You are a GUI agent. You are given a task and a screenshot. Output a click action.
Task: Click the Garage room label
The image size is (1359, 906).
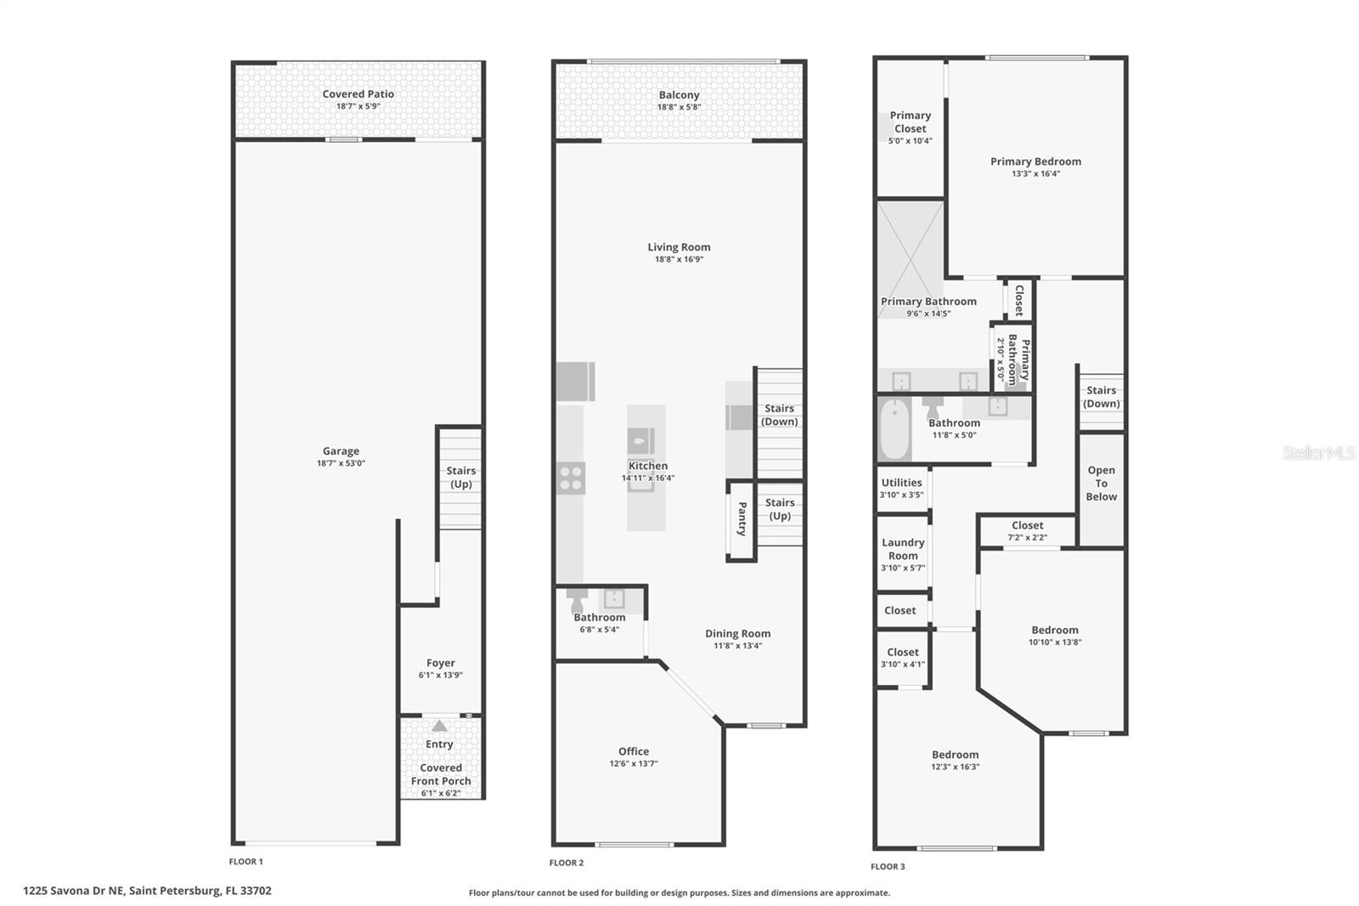[341, 451]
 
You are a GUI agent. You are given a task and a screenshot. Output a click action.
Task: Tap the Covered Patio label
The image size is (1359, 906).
[358, 94]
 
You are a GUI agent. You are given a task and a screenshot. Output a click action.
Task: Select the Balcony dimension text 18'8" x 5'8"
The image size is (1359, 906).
[679, 108]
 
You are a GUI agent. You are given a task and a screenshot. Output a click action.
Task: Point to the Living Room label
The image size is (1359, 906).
[679, 247]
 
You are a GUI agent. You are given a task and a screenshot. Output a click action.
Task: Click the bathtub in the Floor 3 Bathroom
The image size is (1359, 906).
[894, 429]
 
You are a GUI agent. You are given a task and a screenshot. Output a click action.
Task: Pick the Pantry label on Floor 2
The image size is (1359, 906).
[742, 518]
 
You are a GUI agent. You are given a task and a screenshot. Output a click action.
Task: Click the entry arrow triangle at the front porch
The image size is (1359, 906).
[439, 727]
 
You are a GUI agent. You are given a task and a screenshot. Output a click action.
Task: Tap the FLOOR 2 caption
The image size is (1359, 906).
[567, 863]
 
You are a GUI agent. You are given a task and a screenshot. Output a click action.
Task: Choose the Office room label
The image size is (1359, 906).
[634, 751]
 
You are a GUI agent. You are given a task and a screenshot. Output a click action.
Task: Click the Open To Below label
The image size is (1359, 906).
[1101, 483]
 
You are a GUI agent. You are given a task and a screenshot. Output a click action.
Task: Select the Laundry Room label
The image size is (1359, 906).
[903, 549]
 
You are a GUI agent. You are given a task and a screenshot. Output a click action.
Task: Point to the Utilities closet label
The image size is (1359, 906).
[901, 483]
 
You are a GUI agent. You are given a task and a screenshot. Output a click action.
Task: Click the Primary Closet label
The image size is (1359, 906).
[910, 122]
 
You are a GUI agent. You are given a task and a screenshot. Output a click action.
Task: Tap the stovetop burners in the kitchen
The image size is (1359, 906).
[571, 478]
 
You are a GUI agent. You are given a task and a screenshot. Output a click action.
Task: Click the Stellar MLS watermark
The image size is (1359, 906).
[1318, 453]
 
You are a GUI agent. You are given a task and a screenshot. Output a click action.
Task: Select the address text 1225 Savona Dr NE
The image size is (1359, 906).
[74, 891]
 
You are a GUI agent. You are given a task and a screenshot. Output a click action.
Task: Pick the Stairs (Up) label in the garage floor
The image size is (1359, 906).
[460, 477]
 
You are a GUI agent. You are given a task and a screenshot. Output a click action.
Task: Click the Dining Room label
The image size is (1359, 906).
[737, 633]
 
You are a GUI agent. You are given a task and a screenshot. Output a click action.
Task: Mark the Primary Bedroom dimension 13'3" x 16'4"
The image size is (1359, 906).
[1035, 174]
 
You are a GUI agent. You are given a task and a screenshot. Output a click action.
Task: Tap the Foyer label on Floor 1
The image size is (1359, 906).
[440, 663]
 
